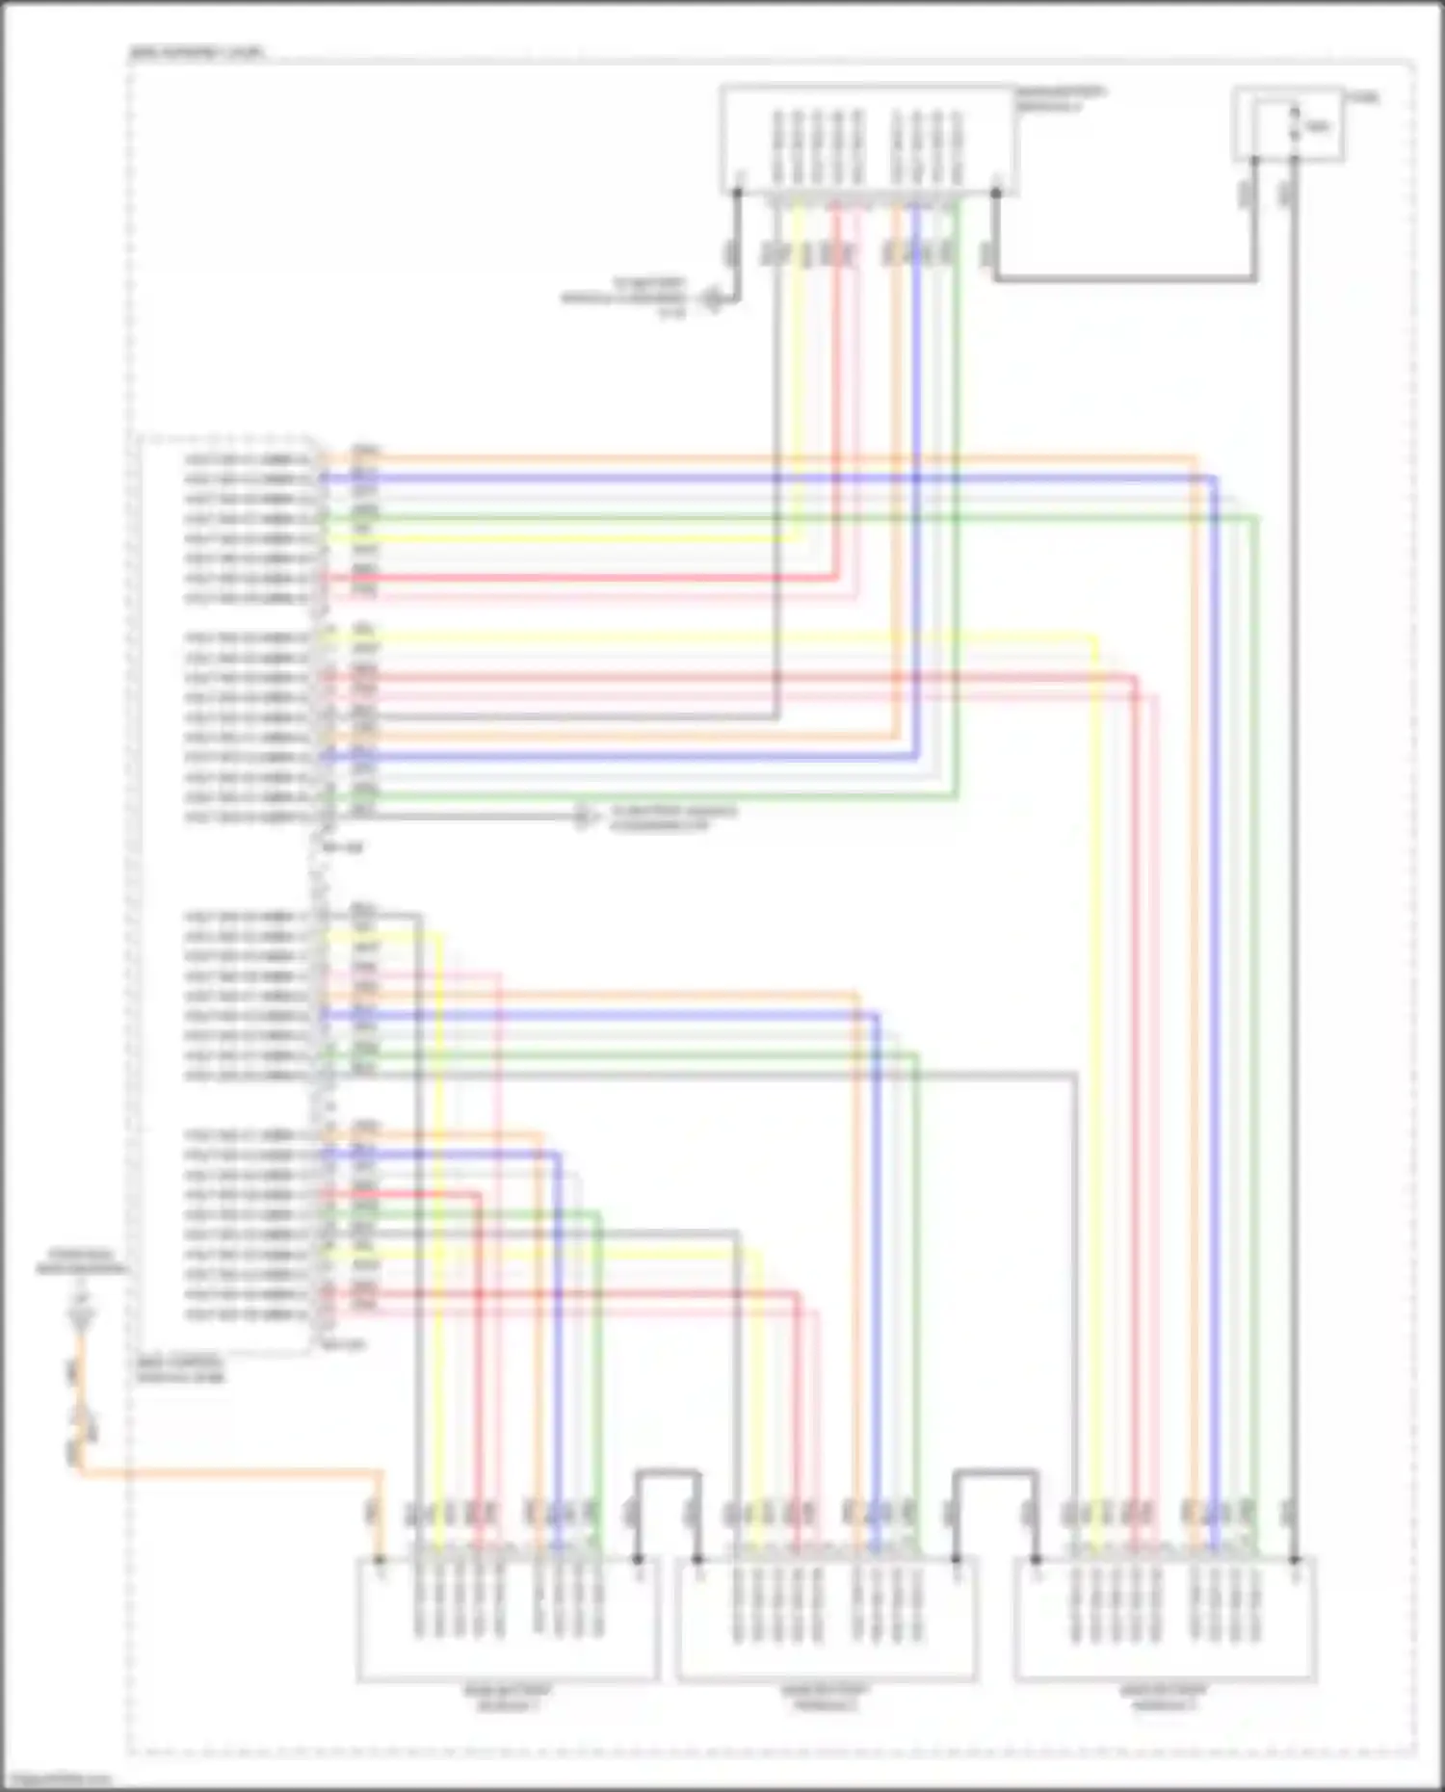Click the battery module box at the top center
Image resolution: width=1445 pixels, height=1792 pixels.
point(867,140)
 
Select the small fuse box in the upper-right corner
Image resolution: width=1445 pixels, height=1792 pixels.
point(1289,123)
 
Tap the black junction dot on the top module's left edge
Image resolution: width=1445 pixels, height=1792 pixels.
point(738,192)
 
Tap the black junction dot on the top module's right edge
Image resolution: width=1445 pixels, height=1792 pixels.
point(996,192)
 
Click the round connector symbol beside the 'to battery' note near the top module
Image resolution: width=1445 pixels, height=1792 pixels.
point(712,299)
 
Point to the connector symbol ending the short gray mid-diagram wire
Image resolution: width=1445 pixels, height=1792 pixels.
point(582,818)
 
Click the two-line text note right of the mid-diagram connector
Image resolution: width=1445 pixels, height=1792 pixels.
point(673,818)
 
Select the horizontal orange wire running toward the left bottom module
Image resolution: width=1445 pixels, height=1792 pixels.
point(231,1472)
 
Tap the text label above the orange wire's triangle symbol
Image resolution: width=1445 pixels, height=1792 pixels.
point(82,1262)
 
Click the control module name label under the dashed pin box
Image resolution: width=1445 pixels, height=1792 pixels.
point(180,1370)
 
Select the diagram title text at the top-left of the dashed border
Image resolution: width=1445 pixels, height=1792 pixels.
point(197,53)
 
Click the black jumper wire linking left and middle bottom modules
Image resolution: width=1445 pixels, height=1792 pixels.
point(668,1471)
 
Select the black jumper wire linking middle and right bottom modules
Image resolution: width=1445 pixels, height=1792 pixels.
point(995,1471)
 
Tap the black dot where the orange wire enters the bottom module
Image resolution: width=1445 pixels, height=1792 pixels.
point(381,1559)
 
